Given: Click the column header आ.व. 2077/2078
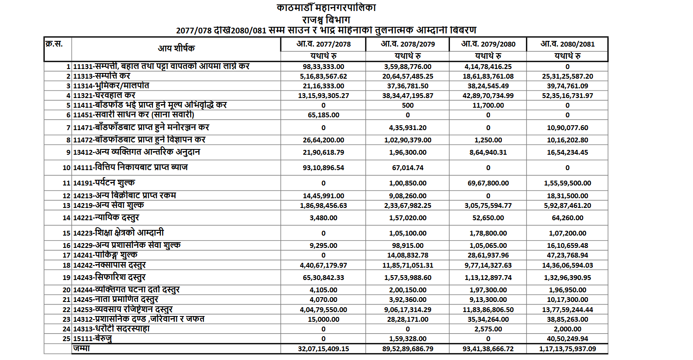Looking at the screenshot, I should pos(323,44).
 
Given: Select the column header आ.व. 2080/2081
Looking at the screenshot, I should pos(567,44).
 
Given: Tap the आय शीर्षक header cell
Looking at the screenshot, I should pos(176,48).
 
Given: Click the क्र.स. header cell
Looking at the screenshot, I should pos(54,44).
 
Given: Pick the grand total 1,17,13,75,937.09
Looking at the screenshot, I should pos(567,349).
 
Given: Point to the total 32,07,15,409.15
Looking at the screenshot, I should pos(323,349).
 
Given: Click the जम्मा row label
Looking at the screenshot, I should pos(82,349).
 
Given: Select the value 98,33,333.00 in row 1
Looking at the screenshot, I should pos(323,67).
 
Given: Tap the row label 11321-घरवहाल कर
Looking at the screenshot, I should pos(104,95).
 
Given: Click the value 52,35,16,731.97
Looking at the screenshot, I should pos(567,96).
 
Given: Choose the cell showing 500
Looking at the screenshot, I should pos(408,105).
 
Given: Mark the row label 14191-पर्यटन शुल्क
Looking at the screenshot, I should pos(104,183).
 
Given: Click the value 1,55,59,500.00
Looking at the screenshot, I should pos(567,183).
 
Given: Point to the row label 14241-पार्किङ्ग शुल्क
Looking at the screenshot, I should pos(105,255).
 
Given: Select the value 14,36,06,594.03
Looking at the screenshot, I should pos(567,265).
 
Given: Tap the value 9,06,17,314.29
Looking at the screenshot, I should pos(408,310).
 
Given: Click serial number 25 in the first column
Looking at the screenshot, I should pos(66,339).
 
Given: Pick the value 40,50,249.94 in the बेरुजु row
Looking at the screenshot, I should pos(567,339).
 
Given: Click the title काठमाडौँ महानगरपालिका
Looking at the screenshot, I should pos(326,8).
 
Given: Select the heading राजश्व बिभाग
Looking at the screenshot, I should pos(326,20).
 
